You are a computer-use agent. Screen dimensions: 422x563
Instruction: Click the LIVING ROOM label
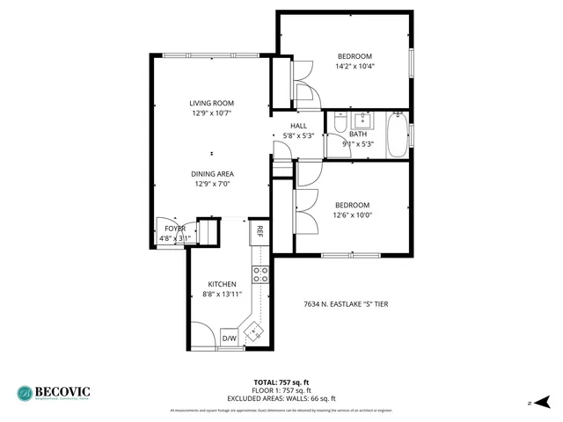pyautogui.click(x=211, y=103)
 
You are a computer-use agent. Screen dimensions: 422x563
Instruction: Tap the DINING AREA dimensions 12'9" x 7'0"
pyautogui.click(x=211, y=185)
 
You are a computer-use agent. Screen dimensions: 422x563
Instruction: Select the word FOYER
pyautogui.click(x=174, y=229)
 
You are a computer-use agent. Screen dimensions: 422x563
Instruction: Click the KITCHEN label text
pyautogui.click(x=222, y=284)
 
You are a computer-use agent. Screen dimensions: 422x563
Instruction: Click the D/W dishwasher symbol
pyautogui.click(x=229, y=338)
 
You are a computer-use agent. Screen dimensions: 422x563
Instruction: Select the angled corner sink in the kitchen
pyautogui.click(x=256, y=331)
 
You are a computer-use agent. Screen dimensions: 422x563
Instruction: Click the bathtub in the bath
pyautogui.click(x=398, y=135)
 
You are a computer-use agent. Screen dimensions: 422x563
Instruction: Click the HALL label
pyautogui.click(x=299, y=126)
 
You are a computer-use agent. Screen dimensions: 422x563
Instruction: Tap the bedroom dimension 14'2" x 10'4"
pyautogui.click(x=355, y=66)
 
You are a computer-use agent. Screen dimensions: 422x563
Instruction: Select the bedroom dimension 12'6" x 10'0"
pyautogui.click(x=352, y=215)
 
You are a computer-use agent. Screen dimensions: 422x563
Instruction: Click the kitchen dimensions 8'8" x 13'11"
pyautogui.click(x=222, y=295)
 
